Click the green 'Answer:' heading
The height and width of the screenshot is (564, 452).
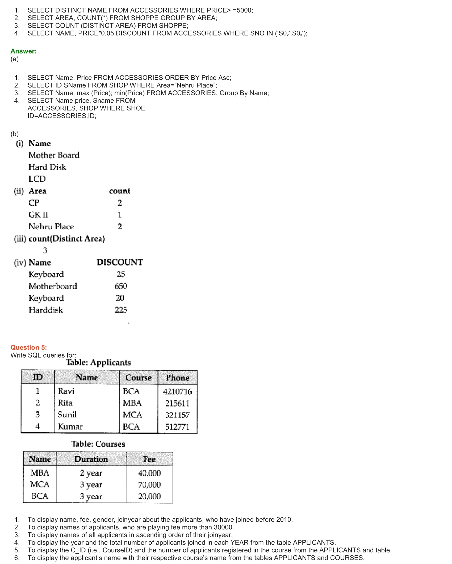(23, 51)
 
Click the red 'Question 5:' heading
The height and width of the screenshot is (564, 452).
(28, 347)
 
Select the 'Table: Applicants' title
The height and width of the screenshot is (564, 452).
(98, 362)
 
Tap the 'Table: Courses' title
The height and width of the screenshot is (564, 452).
(98, 444)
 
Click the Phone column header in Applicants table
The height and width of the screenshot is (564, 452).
(177, 378)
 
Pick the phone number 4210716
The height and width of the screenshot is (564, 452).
(177, 391)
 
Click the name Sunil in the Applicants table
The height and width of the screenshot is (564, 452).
(67, 415)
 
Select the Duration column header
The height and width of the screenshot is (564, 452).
(91, 459)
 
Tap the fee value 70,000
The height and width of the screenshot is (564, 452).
(149, 485)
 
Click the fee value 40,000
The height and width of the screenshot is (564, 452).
(149, 473)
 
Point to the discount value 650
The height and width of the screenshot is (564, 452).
(121, 286)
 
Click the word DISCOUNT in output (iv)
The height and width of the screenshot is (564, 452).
(120, 262)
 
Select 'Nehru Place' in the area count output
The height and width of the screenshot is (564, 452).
(51, 227)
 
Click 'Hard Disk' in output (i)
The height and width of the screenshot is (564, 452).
(47, 167)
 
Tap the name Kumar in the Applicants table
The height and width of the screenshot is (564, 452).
(70, 426)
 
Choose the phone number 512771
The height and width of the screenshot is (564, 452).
(177, 427)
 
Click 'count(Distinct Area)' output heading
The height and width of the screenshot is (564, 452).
(66, 239)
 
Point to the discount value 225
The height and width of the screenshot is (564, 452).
(121, 310)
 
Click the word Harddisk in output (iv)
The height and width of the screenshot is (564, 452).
(46, 310)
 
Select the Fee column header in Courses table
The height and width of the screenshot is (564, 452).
(149, 459)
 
